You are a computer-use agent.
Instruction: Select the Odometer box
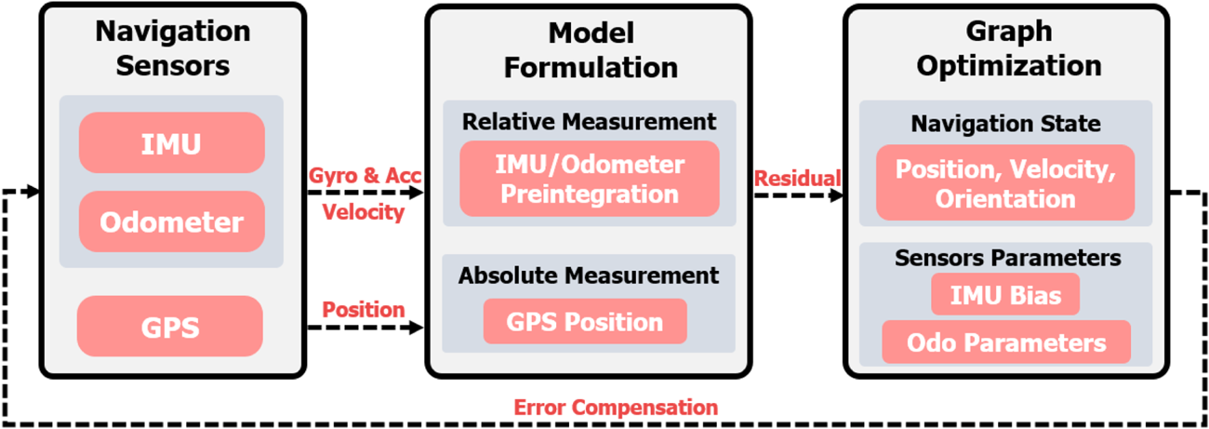[171, 221]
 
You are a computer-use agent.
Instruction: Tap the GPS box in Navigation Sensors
[171, 328]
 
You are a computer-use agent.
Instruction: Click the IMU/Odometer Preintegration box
[590, 179]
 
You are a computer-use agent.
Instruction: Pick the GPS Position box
[585, 322]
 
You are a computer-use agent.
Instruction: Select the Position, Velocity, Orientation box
[1005, 183]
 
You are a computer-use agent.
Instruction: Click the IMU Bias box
[1005, 295]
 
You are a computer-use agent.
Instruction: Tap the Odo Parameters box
[1005, 342]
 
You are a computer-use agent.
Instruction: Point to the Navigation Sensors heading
[172, 47]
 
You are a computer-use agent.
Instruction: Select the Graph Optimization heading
[1007, 49]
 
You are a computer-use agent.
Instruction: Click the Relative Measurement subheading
[590, 122]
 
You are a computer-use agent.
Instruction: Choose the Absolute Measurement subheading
[589, 275]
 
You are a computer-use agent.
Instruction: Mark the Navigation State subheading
[1005, 124]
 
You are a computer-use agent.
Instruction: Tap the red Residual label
[797, 178]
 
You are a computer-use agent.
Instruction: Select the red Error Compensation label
[616, 408]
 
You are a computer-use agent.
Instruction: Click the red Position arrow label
[364, 309]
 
